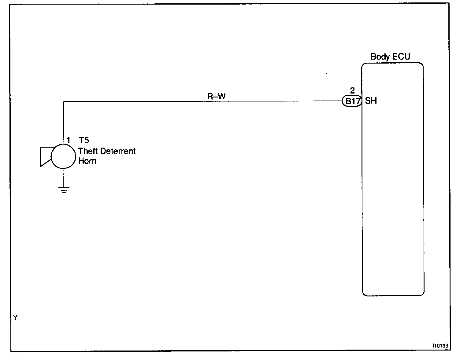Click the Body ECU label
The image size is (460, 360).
click(390, 57)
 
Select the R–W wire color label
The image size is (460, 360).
click(217, 96)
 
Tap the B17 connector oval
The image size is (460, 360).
click(352, 101)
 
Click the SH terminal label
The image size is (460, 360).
click(371, 101)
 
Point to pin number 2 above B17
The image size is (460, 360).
click(352, 91)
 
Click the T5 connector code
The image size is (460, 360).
click(84, 140)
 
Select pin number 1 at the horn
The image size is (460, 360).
click(69, 140)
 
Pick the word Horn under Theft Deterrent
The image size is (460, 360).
click(87, 161)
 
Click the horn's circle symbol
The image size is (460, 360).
click(64, 156)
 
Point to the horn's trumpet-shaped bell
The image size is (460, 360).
click(45, 156)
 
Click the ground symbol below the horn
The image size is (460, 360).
click(64, 190)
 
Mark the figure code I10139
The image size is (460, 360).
click(440, 346)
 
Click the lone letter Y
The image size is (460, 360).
click(16, 318)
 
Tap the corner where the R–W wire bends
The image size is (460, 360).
click(64, 101)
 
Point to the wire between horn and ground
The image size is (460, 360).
click(64, 178)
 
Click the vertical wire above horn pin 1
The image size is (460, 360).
click(64, 122)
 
